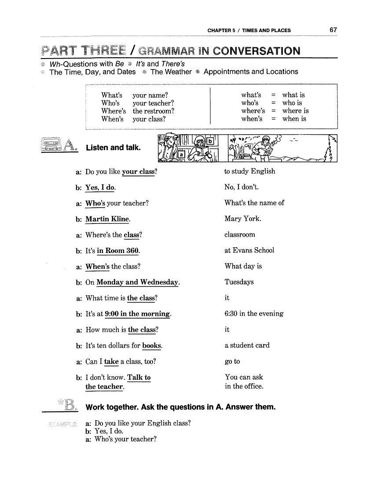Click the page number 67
(x=333, y=30)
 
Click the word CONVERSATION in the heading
(x=257, y=51)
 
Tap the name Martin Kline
(x=108, y=219)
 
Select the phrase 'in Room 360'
(x=118, y=250)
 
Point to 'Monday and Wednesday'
(x=137, y=282)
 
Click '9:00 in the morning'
(x=137, y=314)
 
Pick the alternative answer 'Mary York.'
(x=242, y=219)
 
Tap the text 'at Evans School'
(x=249, y=250)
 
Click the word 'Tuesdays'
(x=239, y=282)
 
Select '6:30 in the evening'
(x=254, y=314)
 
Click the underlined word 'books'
(x=152, y=345)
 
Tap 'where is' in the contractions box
(x=295, y=111)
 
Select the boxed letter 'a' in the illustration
(x=180, y=154)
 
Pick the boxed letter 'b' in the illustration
(x=210, y=141)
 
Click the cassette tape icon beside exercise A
(x=50, y=144)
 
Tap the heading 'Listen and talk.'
(x=113, y=148)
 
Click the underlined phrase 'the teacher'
(x=104, y=387)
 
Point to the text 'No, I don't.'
(x=242, y=187)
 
